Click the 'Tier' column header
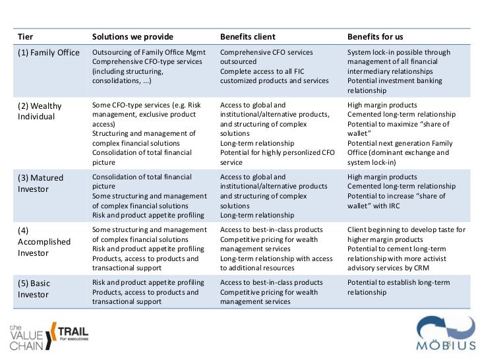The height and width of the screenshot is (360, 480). (25, 36)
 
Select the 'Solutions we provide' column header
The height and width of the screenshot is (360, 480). (133, 36)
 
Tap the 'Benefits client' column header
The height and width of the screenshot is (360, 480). (247, 36)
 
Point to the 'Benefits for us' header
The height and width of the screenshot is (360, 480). (375, 36)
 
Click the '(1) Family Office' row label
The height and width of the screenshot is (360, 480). (48, 53)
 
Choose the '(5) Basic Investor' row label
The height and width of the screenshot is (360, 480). (34, 289)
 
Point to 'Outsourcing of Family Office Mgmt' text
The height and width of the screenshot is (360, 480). (149, 52)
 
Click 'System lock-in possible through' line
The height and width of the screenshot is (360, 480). (399, 52)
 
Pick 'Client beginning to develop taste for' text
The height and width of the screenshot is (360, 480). (406, 229)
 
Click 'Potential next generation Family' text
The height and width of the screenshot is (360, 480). (400, 143)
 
